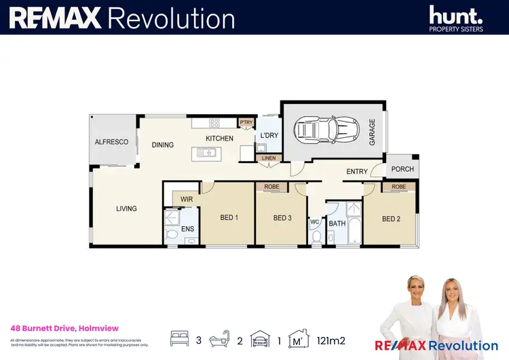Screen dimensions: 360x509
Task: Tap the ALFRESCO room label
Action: click(111, 142)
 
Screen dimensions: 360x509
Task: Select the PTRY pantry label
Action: click(246, 122)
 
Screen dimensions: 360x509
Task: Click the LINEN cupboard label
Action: click(267, 159)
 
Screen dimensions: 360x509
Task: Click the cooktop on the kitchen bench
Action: click(214, 123)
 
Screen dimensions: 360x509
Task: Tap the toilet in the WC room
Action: click(317, 236)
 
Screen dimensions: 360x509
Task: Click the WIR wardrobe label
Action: click(187, 199)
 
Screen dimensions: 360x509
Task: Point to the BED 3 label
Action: click(282, 218)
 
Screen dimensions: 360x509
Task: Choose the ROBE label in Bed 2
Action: click(398, 187)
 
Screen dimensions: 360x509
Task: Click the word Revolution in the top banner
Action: click(171, 18)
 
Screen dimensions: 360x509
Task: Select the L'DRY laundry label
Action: click(269, 136)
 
